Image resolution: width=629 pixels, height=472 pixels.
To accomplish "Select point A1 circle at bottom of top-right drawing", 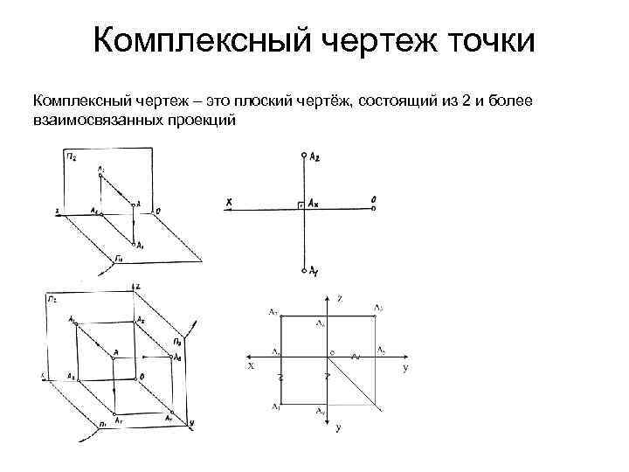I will [303, 269].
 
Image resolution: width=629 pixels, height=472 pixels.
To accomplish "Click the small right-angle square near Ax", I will [300, 205].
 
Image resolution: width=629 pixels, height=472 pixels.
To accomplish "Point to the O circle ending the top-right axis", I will [373, 208].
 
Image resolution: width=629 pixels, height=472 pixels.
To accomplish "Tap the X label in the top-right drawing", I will [229, 203].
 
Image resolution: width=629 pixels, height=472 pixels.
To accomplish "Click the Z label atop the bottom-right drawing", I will [340, 300].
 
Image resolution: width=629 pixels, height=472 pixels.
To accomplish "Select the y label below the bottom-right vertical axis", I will [338, 428].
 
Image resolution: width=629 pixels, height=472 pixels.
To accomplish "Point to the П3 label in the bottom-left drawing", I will [176, 340].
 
